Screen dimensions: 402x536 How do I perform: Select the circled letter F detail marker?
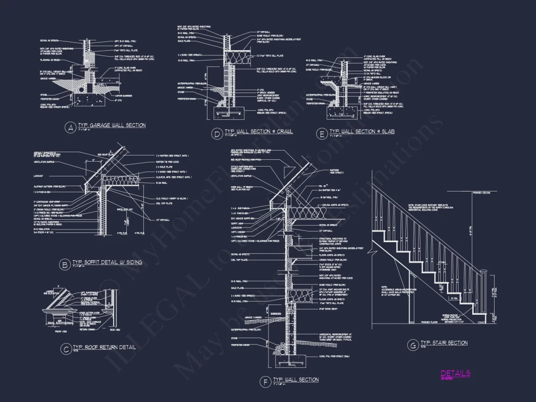click(265, 382)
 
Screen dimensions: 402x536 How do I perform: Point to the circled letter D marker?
click(216, 133)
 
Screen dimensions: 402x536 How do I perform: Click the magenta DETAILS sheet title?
click(455, 373)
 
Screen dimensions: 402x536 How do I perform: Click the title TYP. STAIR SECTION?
click(444, 343)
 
